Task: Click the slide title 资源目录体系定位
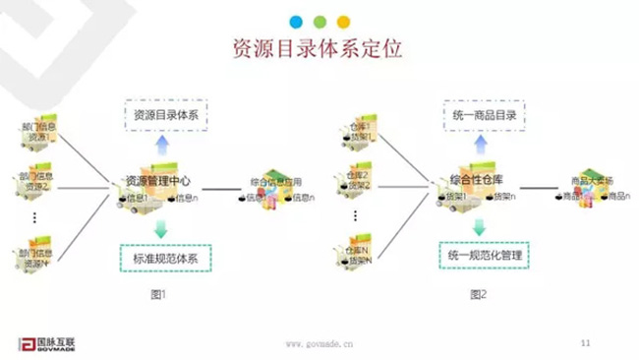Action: coord(318,51)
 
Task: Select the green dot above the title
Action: coord(319,21)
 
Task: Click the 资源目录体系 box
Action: coord(166,116)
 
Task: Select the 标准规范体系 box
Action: coord(166,259)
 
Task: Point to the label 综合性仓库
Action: coord(476,179)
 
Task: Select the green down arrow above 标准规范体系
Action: coord(160,228)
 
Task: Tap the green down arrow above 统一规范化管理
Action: coord(479,226)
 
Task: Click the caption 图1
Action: coord(160,294)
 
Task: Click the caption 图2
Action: coord(479,294)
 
